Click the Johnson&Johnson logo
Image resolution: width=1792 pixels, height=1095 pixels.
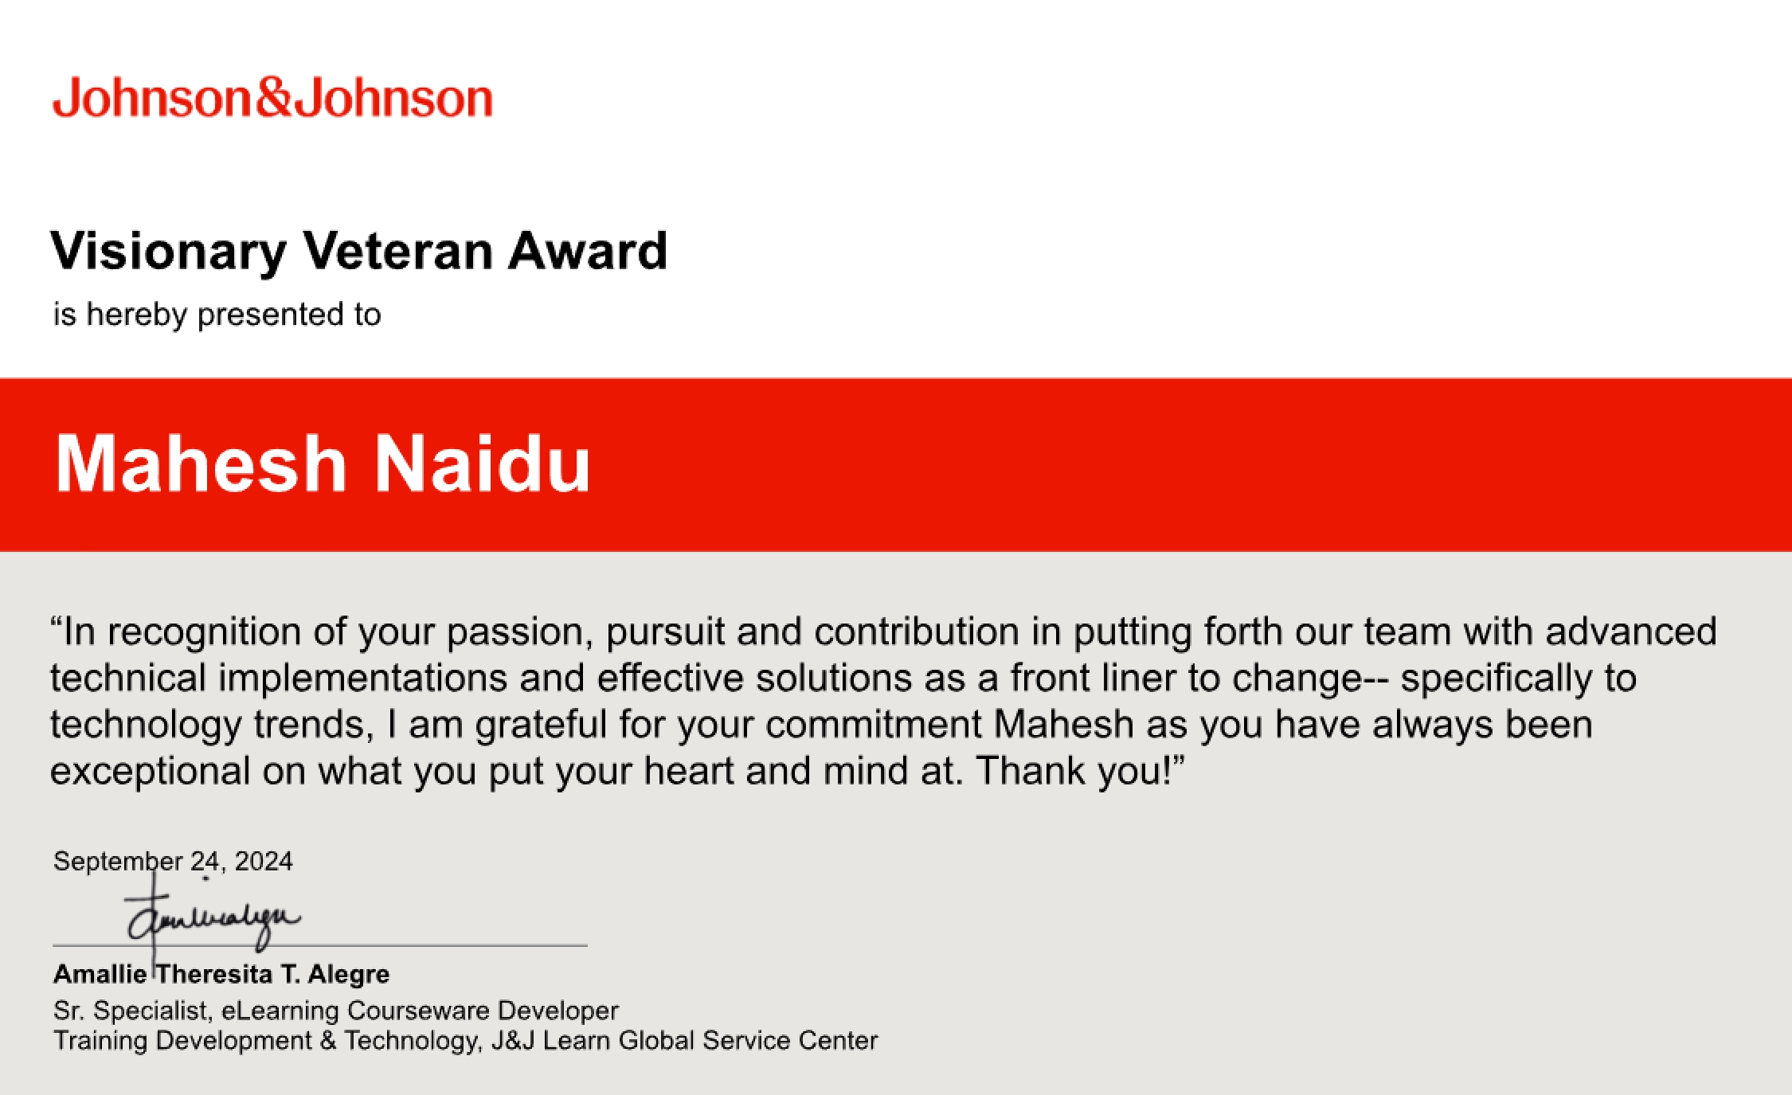tap(272, 99)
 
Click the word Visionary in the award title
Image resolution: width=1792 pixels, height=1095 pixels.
tap(168, 252)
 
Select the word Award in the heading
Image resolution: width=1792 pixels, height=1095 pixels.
tap(588, 252)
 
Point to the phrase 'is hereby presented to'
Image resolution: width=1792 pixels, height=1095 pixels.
tap(217, 315)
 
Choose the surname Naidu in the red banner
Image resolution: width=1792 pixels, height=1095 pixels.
tap(483, 464)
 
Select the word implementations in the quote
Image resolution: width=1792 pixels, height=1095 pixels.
tap(363, 679)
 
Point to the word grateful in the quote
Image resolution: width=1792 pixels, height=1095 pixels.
tap(542, 725)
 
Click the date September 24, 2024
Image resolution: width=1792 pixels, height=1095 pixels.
tap(173, 861)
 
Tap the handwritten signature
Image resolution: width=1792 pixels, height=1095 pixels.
tap(211, 920)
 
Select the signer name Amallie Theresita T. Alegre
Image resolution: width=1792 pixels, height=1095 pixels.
tap(221, 974)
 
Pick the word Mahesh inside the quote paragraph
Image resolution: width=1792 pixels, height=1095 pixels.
tap(1063, 725)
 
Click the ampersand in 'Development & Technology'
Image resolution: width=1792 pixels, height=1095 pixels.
tap(328, 1041)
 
